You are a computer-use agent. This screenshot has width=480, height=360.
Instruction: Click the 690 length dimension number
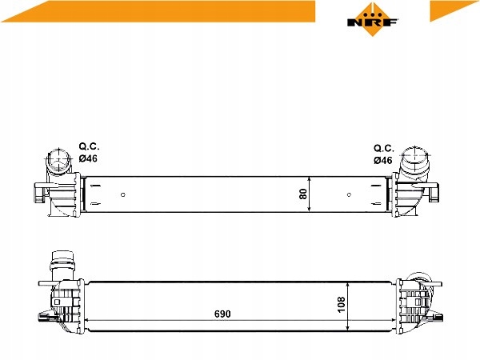coord(222,314)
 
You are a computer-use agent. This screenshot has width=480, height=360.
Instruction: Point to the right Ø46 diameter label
coord(382,160)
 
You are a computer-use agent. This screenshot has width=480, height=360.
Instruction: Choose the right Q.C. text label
coord(383,148)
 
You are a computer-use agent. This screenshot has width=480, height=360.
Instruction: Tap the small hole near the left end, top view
coord(122,194)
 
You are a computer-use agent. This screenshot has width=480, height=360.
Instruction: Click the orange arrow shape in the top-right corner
coord(453,10)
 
